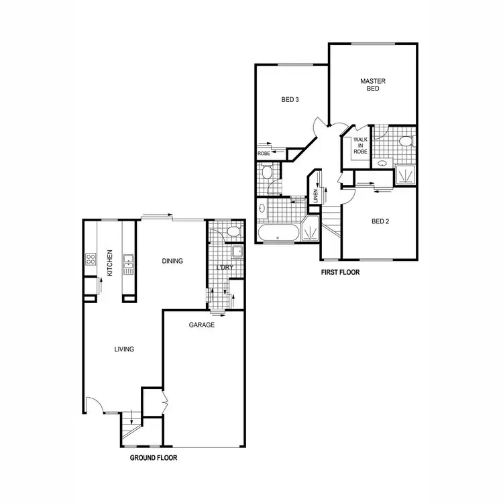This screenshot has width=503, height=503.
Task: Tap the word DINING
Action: (x=172, y=262)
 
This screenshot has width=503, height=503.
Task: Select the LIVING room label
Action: (x=124, y=349)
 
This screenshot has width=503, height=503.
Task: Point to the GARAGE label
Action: (x=201, y=325)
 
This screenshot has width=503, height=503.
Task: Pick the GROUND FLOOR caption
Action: (x=153, y=459)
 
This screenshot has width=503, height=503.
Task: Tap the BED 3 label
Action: (x=289, y=100)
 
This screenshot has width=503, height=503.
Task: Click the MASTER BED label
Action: (x=373, y=85)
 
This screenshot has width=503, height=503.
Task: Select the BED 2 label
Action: (x=380, y=221)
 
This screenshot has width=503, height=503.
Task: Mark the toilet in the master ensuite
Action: (x=404, y=141)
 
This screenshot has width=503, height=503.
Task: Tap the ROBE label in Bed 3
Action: (x=264, y=154)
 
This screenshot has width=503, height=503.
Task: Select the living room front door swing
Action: (x=94, y=404)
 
